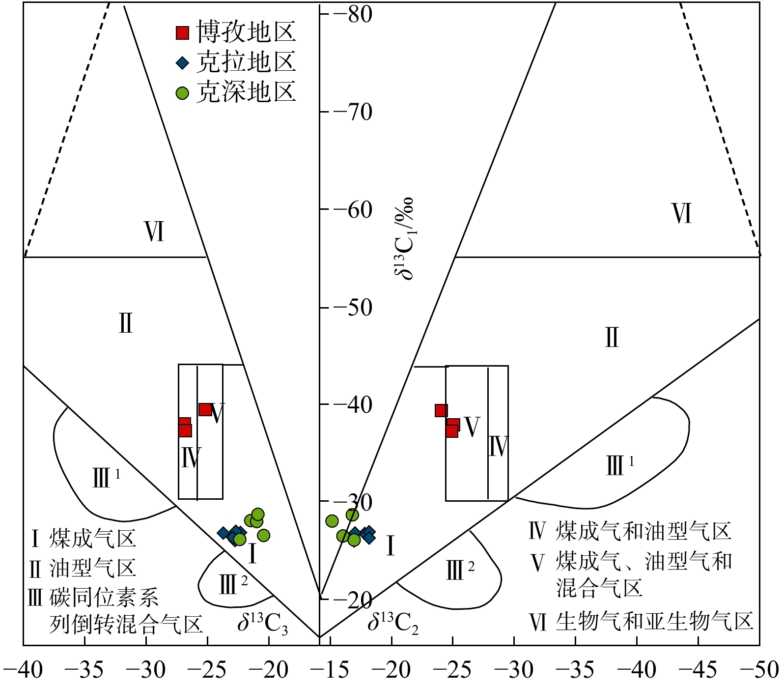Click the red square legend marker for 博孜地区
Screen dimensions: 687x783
(183, 33)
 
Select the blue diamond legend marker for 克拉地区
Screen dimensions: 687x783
(183, 63)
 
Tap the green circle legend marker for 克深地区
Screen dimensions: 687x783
(183, 93)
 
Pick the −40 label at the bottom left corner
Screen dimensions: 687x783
(23, 669)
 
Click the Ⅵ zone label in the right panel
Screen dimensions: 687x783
(681, 214)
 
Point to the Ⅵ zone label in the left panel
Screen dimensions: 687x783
(154, 232)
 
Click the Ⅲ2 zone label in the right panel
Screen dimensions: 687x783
(460, 570)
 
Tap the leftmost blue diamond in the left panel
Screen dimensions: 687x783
(224, 532)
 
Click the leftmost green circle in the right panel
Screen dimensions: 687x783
(332, 521)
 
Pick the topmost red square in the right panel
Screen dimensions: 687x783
(441, 410)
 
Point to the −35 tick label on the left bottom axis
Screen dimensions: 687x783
(84, 669)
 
